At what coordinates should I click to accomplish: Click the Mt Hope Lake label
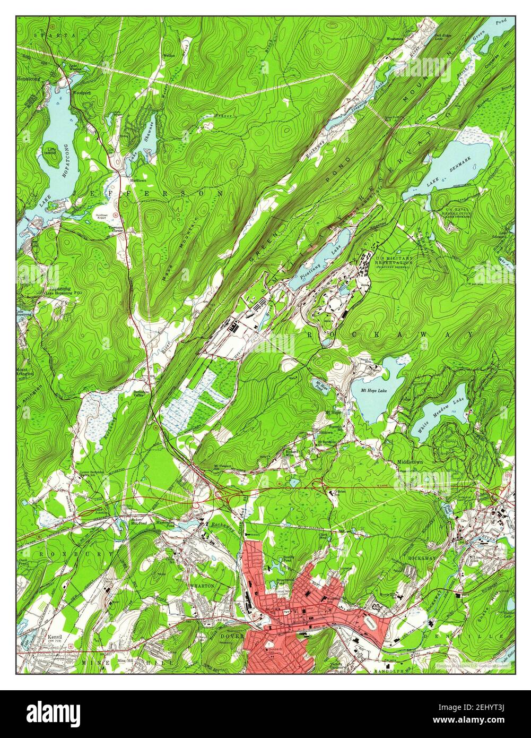coord(374,391)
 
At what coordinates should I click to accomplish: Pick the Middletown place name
coord(410,462)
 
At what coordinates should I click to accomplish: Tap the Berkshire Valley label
coord(139,393)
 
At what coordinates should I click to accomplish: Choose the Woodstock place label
coord(395,39)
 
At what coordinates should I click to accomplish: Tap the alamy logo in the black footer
coord(54,713)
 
